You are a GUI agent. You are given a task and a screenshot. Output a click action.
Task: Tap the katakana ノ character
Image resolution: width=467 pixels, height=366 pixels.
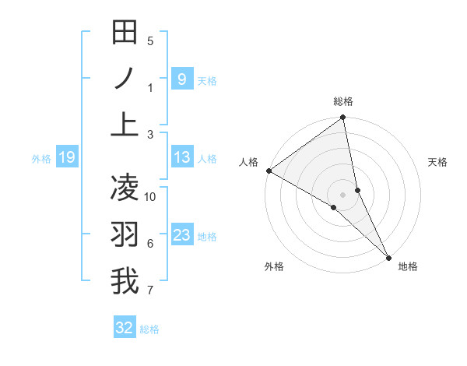(x=125, y=78)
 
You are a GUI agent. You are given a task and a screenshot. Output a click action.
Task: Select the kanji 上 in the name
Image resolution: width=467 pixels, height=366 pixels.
(x=125, y=125)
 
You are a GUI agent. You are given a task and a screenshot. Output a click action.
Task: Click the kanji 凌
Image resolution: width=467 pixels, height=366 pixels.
(x=125, y=187)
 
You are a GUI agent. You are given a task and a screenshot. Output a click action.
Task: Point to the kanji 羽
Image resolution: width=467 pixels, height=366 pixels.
(x=125, y=234)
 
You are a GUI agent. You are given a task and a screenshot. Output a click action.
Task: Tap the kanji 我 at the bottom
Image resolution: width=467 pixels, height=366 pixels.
(x=125, y=280)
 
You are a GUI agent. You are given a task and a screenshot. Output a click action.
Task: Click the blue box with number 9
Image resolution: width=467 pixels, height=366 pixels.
(x=181, y=79)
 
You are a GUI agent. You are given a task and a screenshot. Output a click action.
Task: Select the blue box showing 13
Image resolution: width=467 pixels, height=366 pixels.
(x=181, y=158)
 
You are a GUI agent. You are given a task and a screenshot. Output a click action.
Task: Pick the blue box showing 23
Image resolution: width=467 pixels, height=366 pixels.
(x=181, y=235)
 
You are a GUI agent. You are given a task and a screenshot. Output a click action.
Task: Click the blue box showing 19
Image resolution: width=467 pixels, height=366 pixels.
(x=66, y=158)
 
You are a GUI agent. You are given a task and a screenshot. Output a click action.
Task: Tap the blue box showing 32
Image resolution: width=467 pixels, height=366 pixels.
(x=125, y=328)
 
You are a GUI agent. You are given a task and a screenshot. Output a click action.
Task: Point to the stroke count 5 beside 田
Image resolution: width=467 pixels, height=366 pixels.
(x=150, y=40)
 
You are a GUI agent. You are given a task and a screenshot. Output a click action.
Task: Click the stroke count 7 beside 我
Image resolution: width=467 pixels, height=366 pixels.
(x=150, y=291)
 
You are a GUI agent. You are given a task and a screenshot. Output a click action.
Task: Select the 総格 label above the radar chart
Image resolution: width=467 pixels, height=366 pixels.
(x=343, y=101)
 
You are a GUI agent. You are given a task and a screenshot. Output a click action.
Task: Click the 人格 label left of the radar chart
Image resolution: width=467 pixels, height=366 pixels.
(x=248, y=162)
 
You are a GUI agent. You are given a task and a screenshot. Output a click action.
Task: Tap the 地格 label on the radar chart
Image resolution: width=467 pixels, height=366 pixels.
(x=408, y=266)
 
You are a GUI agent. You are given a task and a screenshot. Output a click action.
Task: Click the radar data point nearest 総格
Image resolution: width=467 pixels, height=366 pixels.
(x=343, y=118)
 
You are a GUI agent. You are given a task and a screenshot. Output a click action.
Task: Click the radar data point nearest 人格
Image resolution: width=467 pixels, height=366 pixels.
(x=269, y=171)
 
